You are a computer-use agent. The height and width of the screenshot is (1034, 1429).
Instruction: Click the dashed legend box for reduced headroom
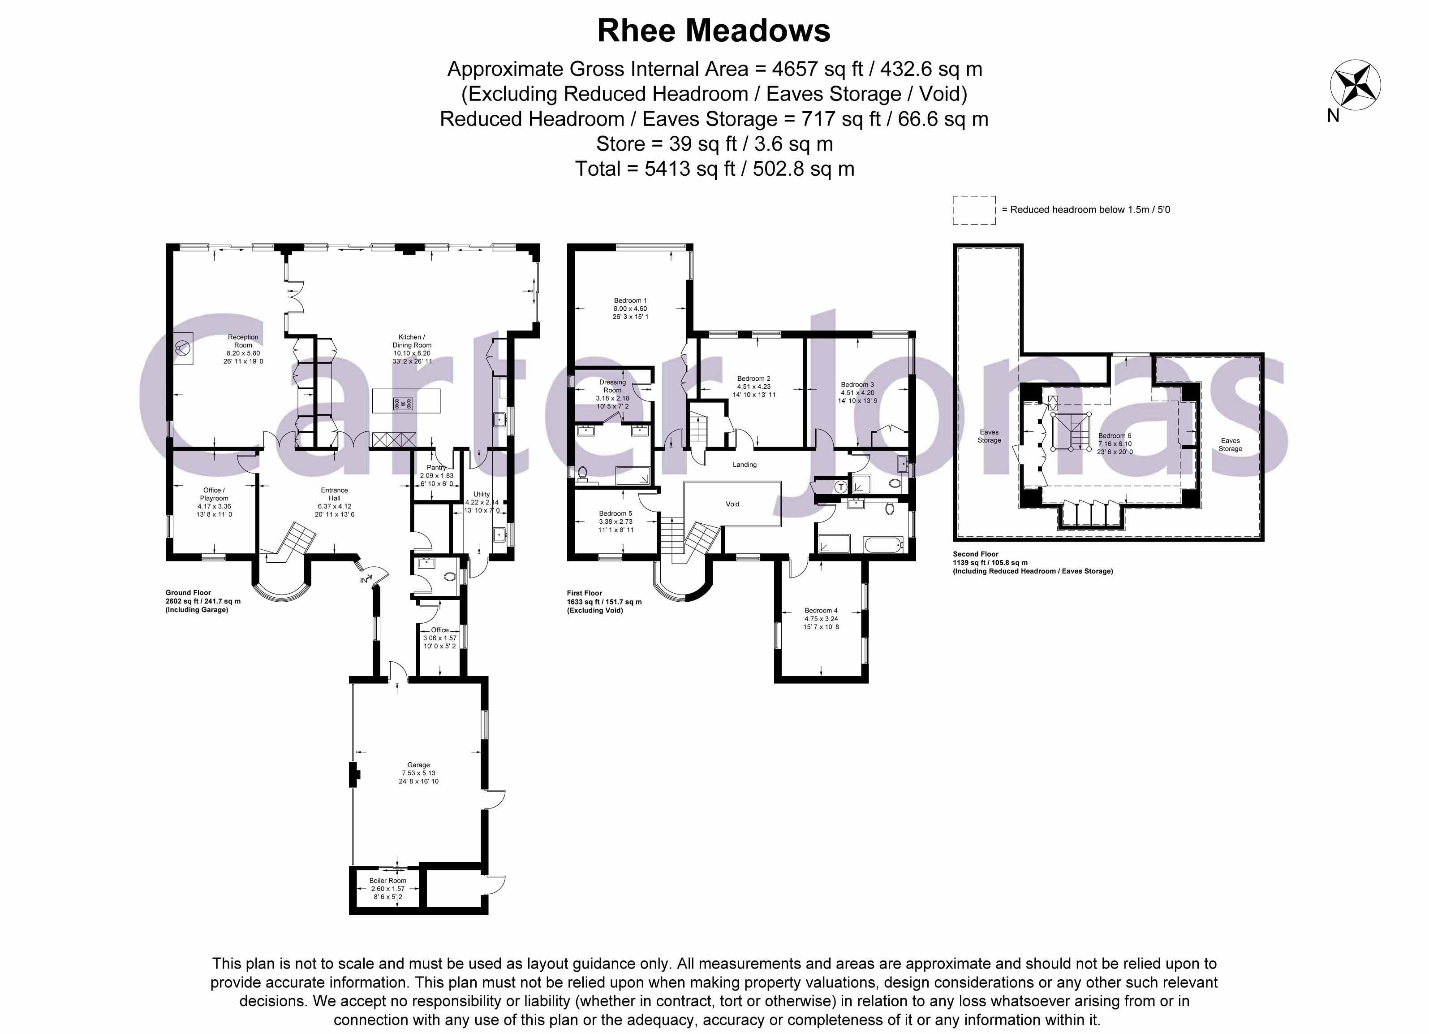[x=974, y=210]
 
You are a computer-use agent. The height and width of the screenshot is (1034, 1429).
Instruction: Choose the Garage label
[x=418, y=765]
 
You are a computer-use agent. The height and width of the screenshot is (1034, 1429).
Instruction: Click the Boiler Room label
[x=387, y=881]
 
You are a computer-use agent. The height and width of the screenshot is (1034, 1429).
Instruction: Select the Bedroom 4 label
[x=821, y=610]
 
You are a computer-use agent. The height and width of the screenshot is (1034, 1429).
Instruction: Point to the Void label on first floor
[x=732, y=504]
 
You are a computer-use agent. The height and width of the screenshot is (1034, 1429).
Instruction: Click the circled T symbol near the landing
[x=840, y=487]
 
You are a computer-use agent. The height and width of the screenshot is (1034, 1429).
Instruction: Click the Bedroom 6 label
[x=1115, y=436]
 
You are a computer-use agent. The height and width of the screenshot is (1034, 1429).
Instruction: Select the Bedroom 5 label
[x=615, y=513]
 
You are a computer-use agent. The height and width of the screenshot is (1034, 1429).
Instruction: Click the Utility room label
[x=482, y=494]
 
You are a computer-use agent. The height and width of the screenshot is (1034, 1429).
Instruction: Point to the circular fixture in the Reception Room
[x=183, y=348]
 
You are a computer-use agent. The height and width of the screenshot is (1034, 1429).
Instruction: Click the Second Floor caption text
[x=975, y=554]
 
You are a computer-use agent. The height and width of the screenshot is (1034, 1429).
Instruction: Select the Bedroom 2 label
[x=753, y=379]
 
